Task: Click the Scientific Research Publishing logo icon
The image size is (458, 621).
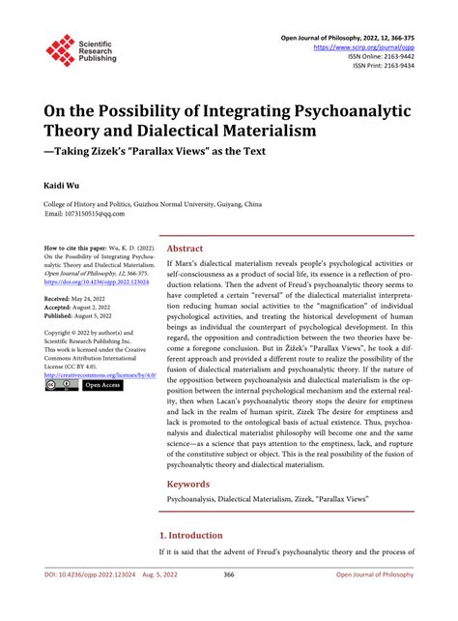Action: [61, 50]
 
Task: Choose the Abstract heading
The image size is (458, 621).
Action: [186, 248]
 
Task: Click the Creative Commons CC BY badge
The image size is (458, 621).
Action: [61, 385]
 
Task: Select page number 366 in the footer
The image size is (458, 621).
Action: [229, 602]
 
